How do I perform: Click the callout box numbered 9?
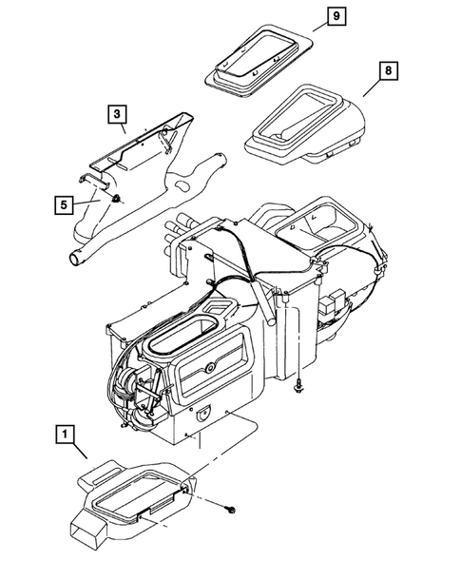[x=334, y=17]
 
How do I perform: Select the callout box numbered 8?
[x=390, y=71]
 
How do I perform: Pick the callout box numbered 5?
[x=62, y=203]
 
